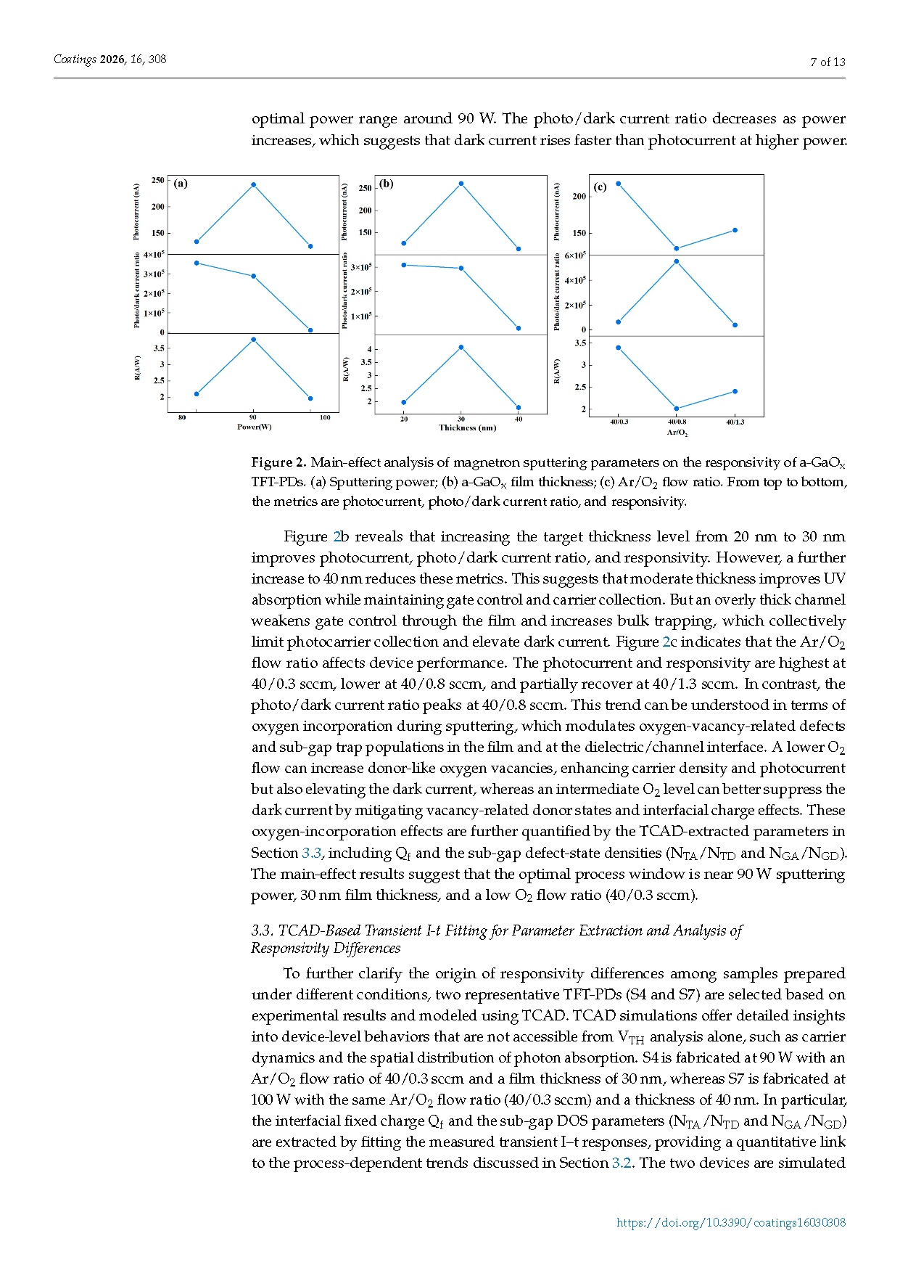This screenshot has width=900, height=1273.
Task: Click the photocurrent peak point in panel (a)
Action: [x=253, y=184]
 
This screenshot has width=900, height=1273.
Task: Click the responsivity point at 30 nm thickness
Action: [x=461, y=347]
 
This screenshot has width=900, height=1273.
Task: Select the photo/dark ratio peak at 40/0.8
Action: [x=677, y=261]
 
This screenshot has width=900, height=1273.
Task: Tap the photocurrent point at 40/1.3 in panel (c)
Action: [x=735, y=230]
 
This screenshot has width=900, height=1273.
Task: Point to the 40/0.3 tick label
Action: [x=619, y=422]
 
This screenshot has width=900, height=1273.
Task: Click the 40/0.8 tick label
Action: [x=677, y=422]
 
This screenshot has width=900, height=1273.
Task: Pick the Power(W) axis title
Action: [x=254, y=427]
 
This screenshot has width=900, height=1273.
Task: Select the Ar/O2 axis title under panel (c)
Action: [x=677, y=433]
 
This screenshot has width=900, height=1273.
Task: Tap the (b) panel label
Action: [x=387, y=184]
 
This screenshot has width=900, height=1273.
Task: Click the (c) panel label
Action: [x=600, y=187]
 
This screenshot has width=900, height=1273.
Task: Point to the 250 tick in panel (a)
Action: [x=157, y=180]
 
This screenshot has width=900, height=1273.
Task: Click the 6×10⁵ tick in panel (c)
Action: [x=575, y=255]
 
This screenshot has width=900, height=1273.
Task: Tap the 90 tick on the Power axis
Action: [x=253, y=417]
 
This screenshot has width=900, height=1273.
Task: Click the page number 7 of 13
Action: [x=827, y=62]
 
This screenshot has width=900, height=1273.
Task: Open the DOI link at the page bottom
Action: [x=730, y=1223]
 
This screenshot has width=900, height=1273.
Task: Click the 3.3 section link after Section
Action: [x=311, y=853]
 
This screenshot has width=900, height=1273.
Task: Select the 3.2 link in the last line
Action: [x=622, y=1163]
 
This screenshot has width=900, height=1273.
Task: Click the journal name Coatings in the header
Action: [x=75, y=60]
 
